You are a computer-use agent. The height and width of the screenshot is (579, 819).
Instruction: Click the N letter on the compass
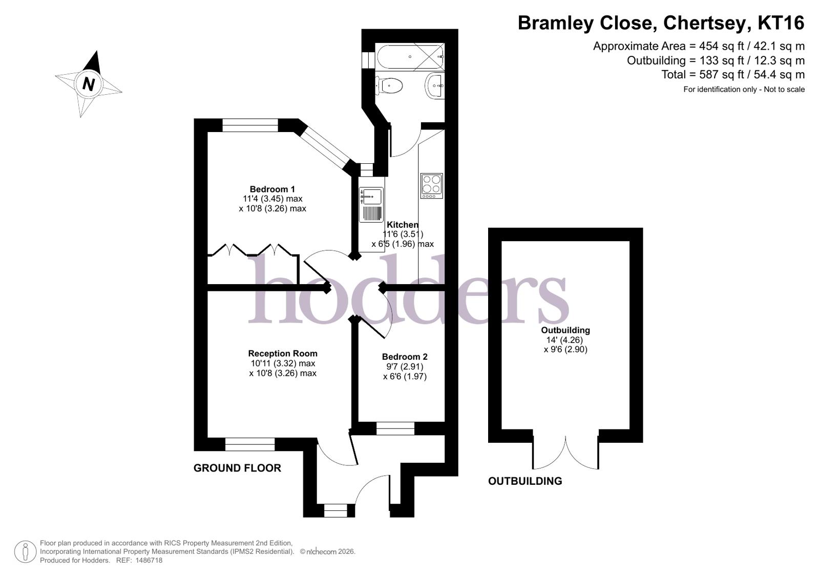(89, 84)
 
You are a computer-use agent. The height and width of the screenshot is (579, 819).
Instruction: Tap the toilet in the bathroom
(389, 86)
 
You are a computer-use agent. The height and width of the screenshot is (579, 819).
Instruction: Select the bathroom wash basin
(435, 86)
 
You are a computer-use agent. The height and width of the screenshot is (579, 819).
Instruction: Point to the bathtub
(410, 57)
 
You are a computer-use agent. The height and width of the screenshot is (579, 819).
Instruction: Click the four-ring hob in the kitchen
(431, 186)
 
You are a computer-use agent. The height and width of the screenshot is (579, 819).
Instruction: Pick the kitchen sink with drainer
(371, 205)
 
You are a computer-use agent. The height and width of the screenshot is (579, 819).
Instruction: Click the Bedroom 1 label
(272, 189)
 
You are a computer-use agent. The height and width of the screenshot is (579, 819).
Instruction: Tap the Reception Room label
(283, 353)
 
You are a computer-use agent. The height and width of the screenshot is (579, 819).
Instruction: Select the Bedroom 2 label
(405, 357)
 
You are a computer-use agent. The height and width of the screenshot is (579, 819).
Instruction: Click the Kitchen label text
(403, 224)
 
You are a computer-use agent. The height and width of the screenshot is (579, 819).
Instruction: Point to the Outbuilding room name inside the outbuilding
(565, 330)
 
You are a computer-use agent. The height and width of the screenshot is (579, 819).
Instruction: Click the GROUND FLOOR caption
(237, 468)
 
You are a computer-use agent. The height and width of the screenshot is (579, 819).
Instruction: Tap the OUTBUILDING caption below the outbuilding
(525, 481)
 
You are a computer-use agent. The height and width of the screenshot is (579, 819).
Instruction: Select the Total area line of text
(733, 75)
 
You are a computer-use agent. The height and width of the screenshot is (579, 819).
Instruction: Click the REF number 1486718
(149, 561)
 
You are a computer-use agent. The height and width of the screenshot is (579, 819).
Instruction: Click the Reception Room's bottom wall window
(250, 444)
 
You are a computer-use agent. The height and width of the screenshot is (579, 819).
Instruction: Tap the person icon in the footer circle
(25, 551)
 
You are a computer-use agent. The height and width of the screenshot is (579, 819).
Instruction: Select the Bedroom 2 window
(395, 428)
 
